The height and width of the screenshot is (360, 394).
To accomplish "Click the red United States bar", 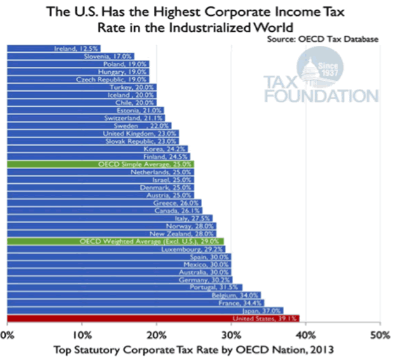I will tap(153, 319).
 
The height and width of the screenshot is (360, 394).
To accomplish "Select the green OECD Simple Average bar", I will tap(100, 164).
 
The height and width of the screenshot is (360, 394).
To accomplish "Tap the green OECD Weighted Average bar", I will tap(115, 242).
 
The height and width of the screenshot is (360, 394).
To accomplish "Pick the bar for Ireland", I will tap(53, 48).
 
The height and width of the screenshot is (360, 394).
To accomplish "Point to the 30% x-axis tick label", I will tap(230, 335).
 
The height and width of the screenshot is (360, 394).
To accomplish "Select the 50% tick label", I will tap(379, 335).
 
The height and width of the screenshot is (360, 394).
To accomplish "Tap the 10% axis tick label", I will tap(81, 335).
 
